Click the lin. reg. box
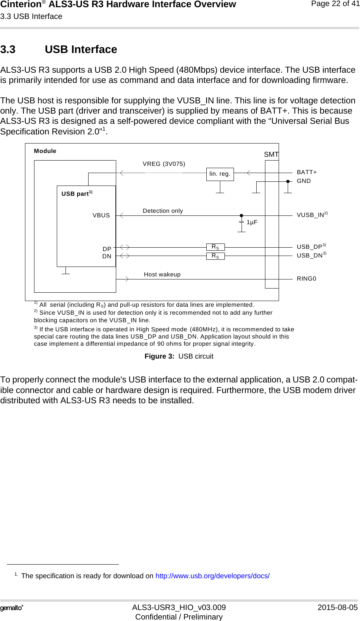(x=220, y=174)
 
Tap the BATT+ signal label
(x=307, y=172)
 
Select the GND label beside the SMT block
(x=304, y=181)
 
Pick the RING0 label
(x=306, y=279)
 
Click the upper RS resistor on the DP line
(x=215, y=247)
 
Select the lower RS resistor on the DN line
(x=215, y=256)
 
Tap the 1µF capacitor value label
(x=252, y=222)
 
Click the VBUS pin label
(x=101, y=215)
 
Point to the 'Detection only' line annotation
(x=163, y=211)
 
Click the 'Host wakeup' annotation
(x=162, y=275)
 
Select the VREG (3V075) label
(x=164, y=164)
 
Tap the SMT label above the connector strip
(x=271, y=154)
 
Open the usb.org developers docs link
(x=212, y=576)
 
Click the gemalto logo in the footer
(x=12, y=608)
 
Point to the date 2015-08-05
(x=337, y=607)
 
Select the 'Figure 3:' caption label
(x=159, y=356)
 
